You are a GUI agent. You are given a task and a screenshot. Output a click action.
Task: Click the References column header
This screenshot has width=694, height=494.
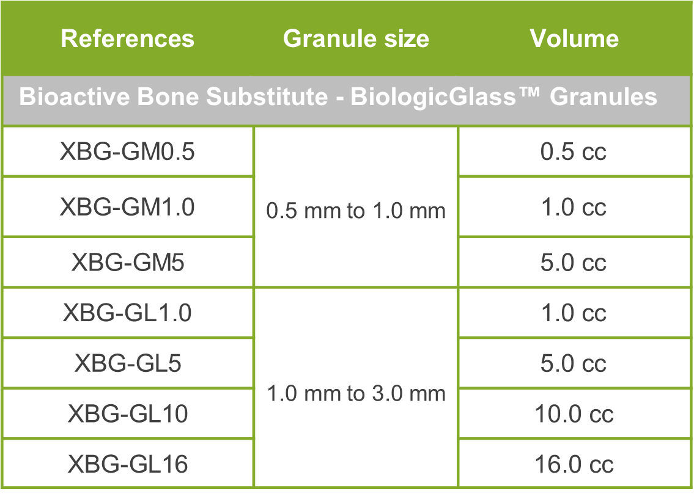(127, 38)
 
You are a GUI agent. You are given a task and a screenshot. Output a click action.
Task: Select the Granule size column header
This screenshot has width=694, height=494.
(356, 39)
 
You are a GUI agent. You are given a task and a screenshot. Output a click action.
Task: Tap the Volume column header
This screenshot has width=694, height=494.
(574, 38)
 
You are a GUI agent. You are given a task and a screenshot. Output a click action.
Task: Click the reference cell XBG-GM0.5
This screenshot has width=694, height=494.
(127, 151)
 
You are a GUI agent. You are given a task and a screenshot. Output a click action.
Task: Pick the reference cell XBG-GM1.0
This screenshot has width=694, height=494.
(127, 207)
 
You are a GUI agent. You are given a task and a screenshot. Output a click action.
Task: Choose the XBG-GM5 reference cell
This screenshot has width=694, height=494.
(127, 263)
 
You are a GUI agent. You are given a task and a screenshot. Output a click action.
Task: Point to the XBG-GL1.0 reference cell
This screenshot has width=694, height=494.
(127, 313)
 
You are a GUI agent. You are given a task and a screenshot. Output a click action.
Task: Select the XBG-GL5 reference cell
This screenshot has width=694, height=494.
(127, 363)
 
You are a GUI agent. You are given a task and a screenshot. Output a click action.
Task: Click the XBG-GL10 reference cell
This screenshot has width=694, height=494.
(127, 413)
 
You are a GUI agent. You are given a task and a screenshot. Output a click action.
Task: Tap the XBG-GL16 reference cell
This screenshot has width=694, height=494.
(127, 464)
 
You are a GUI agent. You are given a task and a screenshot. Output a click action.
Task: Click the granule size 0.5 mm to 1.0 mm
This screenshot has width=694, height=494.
(356, 210)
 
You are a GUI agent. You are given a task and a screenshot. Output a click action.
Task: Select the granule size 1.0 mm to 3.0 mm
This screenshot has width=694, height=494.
(356, 393)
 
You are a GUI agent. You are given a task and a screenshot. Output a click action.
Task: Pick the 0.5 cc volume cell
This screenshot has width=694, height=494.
(574, 151)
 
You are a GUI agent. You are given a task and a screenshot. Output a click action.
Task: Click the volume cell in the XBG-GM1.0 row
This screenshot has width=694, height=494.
(574, 207)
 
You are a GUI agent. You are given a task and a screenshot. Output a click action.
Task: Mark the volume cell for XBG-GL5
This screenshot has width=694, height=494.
(574, 363)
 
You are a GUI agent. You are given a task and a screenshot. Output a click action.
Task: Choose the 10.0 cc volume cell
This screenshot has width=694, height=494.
(574, 413)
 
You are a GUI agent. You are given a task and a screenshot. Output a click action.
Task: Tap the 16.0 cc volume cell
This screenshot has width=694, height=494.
(574, 464)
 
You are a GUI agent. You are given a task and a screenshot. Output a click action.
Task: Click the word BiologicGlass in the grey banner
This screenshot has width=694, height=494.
(434, 97)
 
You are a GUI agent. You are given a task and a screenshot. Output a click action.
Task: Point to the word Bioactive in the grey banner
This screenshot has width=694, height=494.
(75, 96)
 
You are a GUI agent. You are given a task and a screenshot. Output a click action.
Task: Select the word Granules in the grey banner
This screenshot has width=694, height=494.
(604, 96)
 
